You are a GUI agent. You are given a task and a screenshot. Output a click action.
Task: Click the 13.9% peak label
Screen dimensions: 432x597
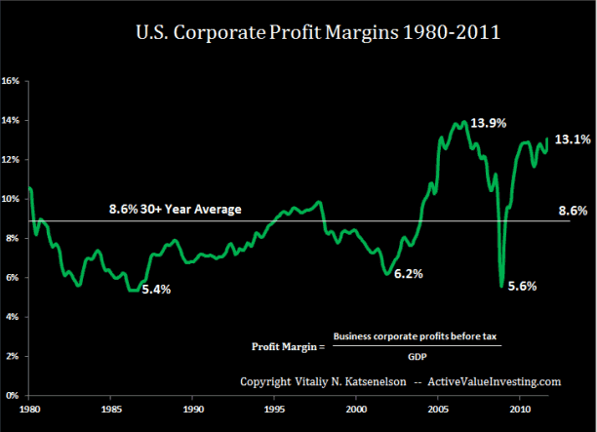coord(490,124)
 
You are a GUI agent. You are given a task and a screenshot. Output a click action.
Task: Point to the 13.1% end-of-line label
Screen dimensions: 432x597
coord(574,139)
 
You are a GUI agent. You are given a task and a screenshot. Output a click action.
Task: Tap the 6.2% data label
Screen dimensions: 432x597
coord(409,274)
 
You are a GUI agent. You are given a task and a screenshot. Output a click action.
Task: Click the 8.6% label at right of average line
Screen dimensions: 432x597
coord(574,210)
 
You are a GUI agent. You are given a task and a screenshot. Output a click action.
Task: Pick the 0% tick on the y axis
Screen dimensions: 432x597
coord(13,396)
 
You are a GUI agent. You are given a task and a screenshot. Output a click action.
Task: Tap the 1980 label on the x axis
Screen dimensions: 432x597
coord(29,409)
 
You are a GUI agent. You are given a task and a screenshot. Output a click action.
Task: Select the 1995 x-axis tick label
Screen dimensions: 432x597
coord(276,409)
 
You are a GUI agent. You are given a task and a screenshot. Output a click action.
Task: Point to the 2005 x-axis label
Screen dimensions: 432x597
coord(438,409)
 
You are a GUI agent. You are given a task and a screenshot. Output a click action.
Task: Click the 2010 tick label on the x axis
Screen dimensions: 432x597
coord(520,409)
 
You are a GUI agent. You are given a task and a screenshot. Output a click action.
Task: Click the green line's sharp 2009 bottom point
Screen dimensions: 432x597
coord(501,286)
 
